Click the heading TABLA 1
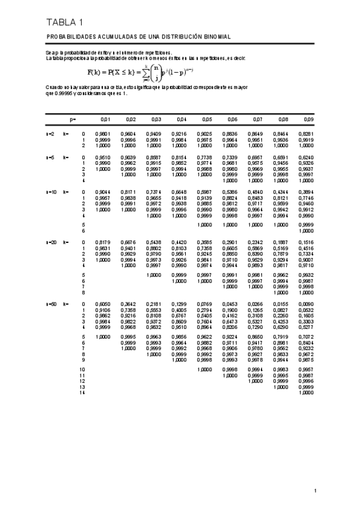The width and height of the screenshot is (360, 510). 64,23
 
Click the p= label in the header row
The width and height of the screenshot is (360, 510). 73,120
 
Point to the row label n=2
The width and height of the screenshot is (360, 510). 50,134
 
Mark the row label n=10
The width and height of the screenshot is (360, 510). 51,191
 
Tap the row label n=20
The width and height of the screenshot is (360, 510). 51,242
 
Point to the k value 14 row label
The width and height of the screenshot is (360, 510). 82,393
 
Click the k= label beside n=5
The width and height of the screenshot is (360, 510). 66,157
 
